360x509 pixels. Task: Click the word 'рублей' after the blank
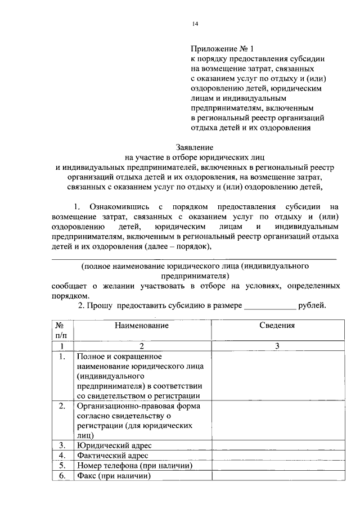click(x=312, y=305)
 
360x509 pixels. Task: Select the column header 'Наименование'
click(x=142, y=325)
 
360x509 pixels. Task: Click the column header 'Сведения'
click(x=277, y=325)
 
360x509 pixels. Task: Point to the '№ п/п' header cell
click(x=60, y=330)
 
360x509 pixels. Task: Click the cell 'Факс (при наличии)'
click(x=115, y=476)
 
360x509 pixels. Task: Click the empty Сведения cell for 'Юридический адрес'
click(x=277, y=445)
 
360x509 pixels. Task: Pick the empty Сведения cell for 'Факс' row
click(x=277, y=476)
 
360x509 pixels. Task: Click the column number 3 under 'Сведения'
click(x=277, y=346)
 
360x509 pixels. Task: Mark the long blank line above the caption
click(x=194, y=258)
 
